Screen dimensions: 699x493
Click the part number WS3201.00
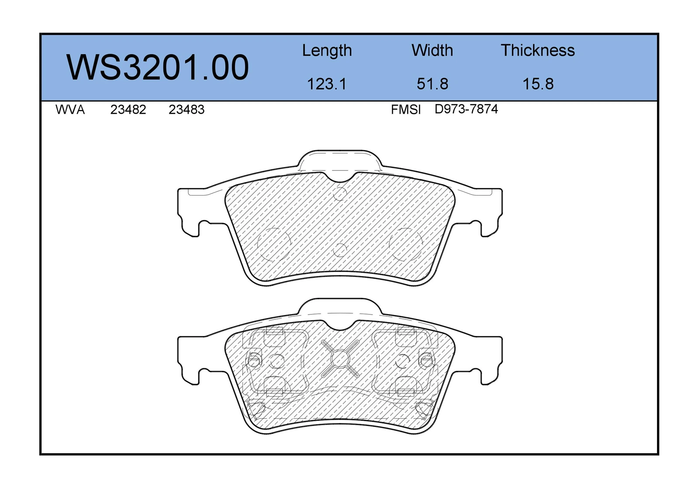coord(158,67)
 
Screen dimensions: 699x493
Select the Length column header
coord(327,51)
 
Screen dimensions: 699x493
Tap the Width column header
coord(432,50)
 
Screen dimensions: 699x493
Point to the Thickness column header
coord(538,50)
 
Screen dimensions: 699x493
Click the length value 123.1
coord(327,84)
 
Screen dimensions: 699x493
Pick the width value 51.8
coord(433,84)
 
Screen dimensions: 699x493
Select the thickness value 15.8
coord(538,84)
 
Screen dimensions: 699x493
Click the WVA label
coord(70,110)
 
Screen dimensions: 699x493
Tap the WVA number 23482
coord(128,110)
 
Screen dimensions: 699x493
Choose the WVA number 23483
coord(186,110)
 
